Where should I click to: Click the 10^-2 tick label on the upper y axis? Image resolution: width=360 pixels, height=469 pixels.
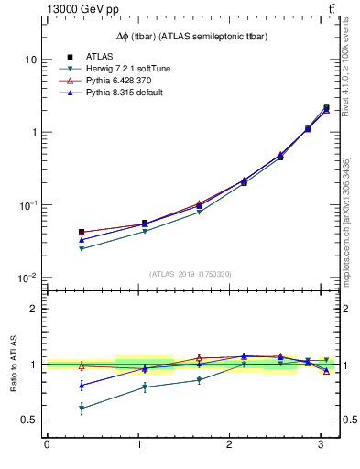pyautogui.click(x=27, y=278)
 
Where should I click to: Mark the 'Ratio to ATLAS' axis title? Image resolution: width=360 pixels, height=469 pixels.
pyautogui.click(x=14, y=364)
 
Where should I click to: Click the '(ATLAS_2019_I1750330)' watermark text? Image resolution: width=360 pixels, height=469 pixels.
pyautogui.click(x=191, y=273)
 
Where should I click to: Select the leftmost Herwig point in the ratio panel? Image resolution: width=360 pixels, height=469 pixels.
pyautogui.click(x=82, y=408)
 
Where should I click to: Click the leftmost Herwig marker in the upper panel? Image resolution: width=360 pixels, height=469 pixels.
pyautogui.click(x=82, y=248)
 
